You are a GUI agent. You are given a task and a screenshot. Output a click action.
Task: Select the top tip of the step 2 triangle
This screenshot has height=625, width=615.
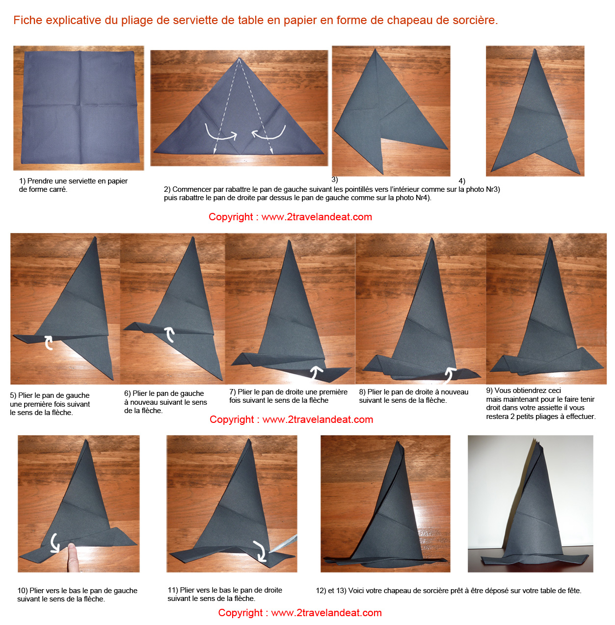click(x=239, y=58)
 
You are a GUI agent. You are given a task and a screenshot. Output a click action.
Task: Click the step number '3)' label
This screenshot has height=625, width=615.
click(x=335, y=180)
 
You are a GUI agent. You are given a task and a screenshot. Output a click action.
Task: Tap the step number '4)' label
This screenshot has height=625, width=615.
click(x=462, y=181)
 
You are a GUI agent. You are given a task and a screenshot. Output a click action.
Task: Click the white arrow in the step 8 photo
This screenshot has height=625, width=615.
click(x=450, y=375)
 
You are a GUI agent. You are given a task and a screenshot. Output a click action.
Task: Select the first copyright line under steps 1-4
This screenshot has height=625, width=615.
click(x=290, y=217)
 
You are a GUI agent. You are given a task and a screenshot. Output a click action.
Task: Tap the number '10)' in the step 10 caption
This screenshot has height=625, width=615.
click(x=23, y=591)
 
